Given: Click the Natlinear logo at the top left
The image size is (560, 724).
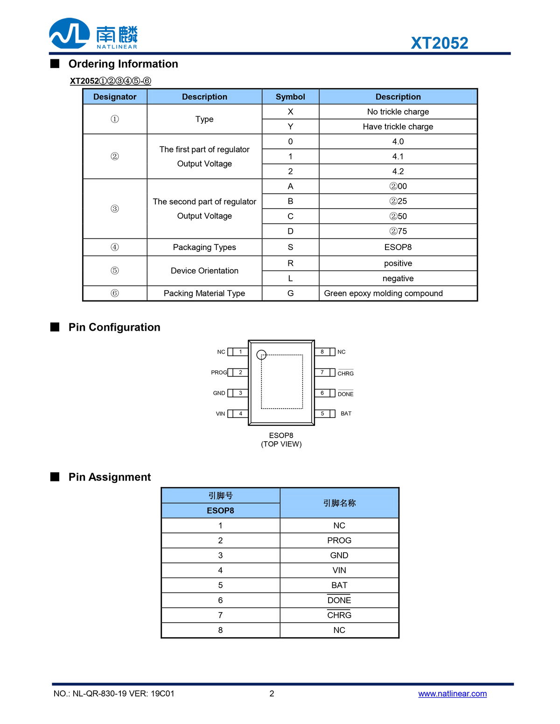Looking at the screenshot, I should pyautogui.click(x=93, y=34).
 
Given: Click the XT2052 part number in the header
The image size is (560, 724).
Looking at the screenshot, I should pyautogui.click(x=439, y=43).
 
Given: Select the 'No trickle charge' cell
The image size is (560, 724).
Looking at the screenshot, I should pyautogui.click(x=398, y=111).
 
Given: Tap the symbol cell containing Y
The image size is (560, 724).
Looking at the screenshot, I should pyautogui.click(x=290, y=126).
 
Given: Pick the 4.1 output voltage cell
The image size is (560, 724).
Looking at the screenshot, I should pyautogui.click(x=398, y=156).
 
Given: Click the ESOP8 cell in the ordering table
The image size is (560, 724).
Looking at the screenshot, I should pyautogui.click(x=398, y=247).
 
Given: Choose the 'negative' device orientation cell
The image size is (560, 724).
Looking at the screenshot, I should pyautogui.click(x=398, y=278).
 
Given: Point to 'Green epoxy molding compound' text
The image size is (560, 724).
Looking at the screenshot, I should pyautogui.click(x=383, y=293).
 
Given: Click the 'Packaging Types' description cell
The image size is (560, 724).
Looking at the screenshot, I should pyautogui.click(x=204, y=247).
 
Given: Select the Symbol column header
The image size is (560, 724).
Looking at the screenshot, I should pyautogui.click(x=290, y=97).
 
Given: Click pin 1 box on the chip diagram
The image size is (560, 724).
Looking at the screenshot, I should pyautogui.click(x=240, y=352).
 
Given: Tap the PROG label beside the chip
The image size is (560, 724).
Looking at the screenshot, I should pyautogui.click(x=219, y=372).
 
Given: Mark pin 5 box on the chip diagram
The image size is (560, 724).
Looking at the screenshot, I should pyautogui.click(x=322, y=414).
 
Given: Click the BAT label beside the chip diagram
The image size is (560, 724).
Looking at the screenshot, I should pyautogui.click(x=346, y=414).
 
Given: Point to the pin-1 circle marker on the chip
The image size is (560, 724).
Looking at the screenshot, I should pyautogui.click(x=261, y=355).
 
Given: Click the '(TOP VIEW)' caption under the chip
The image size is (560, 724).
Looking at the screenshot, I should pyautogui.click(x=281, y=444).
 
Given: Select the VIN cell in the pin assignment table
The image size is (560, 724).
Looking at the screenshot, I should pyautogui.click(x=339, y=570).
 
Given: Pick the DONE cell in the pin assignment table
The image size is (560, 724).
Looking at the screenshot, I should pyautogui.click(x=339, y=600).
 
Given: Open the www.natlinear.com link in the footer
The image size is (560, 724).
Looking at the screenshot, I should pyautogui.click(x=452, y=694).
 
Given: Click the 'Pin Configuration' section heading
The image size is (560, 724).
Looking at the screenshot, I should pyautogui.click(x=114, y=327).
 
